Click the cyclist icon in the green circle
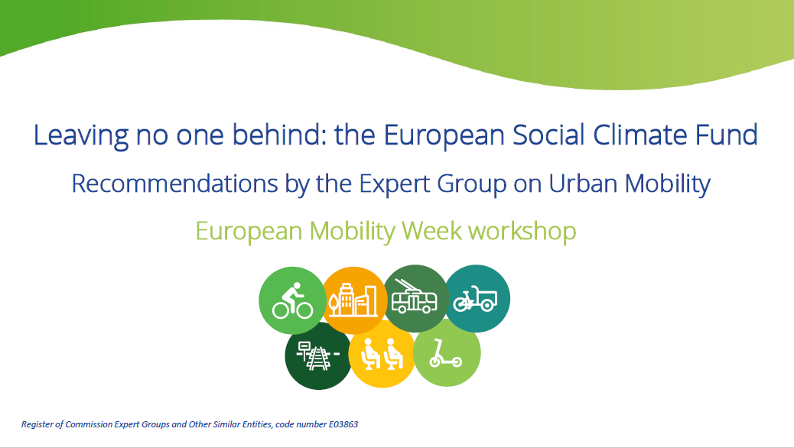point(292,300)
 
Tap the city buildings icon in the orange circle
point(353,300)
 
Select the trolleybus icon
point(415,297)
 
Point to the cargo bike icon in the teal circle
point(475,299)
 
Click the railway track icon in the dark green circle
point(317,355)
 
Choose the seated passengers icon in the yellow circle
point(381,353)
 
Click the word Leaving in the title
point(81,135)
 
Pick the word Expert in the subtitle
point(395,184)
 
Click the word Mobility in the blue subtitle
point(668,184)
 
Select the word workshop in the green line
point(522,232)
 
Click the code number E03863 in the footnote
point(343,424)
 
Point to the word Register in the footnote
point(37,425)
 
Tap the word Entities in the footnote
point(257,424)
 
